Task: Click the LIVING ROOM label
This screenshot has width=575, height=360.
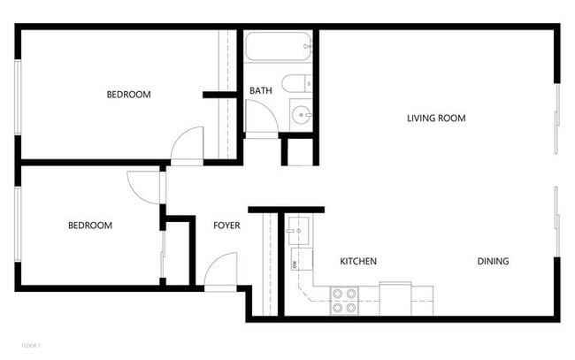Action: pyautogui.click(x=436, y=118)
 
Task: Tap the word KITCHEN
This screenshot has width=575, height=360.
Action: pyautogui.click(x=359, y=262)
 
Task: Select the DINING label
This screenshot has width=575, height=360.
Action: pyautogui.click(x=493, y=261)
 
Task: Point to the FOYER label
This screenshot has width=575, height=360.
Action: pyautogui.click(x=226, y=226)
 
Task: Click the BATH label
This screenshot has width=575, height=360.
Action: pyautogui.click(x=260, y=90)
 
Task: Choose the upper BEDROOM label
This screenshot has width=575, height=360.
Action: pyautogui.click(x=128, y=95)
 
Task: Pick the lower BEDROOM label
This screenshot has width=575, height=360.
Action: pyautogui.click(x=90, y=226)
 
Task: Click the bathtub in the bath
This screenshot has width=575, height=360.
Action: pyautogui.click(x=279, y=45)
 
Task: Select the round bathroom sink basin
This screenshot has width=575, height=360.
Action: pyautogui.click(x=302, y=114)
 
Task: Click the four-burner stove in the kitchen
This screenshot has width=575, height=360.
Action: pyautogui.click(x=343, y=301)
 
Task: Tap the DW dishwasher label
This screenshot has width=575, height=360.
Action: pyautogui.click(x=294, y=264)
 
